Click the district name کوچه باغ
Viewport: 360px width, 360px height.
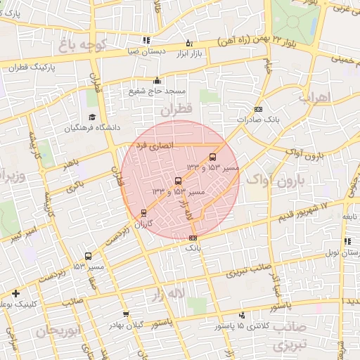[82, 46]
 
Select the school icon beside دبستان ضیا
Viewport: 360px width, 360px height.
[146, 41]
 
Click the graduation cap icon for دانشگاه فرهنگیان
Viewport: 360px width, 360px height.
[92, 117]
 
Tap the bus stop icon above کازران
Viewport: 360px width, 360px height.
[144, 212]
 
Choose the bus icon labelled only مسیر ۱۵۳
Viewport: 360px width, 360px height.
[88, 257]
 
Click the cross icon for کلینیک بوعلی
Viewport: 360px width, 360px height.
[15, 293]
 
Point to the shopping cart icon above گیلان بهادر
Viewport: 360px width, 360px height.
[126, 314]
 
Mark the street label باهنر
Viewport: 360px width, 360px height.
[68, 164]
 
